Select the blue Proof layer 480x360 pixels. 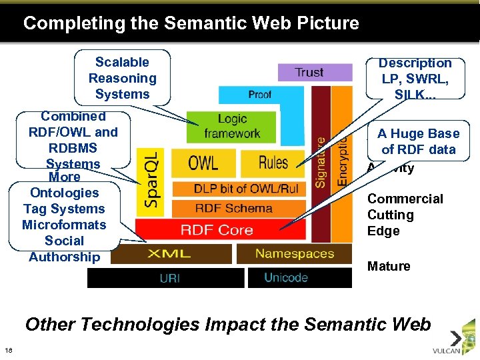(x=260, y=94)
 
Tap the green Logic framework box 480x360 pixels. (x=232, y=126)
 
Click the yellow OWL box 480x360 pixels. (x=203, y=163)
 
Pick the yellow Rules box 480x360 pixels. (x=273, y=163)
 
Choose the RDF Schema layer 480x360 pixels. (x=233, y=208)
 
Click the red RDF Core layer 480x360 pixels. (x=217, y=230)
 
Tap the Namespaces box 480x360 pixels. (x=295, y=253)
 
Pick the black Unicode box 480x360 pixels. (x=286, y=277)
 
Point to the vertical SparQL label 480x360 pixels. (x=153, y=181)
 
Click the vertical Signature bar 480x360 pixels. (x=321, y=160)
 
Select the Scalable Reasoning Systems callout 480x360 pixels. (x=122, y=78)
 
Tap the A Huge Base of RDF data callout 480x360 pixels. (x=418, y=141)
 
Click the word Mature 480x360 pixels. (x=389, y=267)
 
